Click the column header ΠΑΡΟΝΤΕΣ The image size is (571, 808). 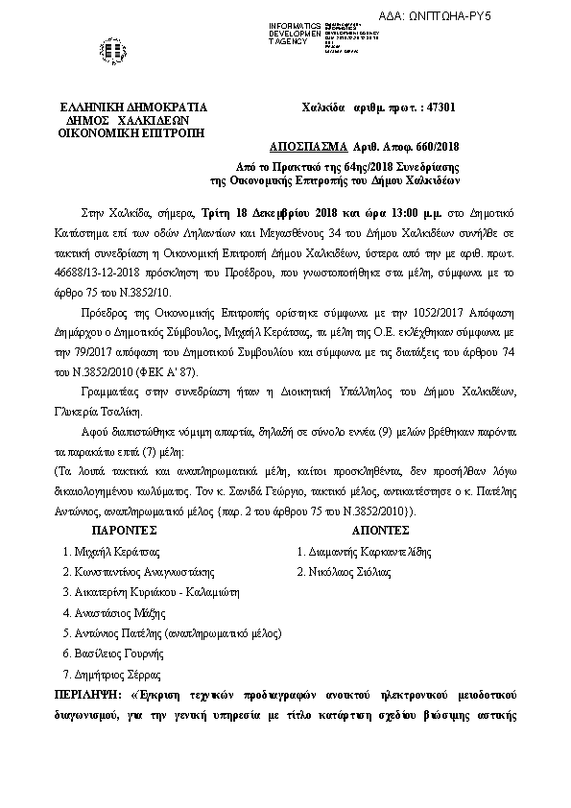click(124, 530)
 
